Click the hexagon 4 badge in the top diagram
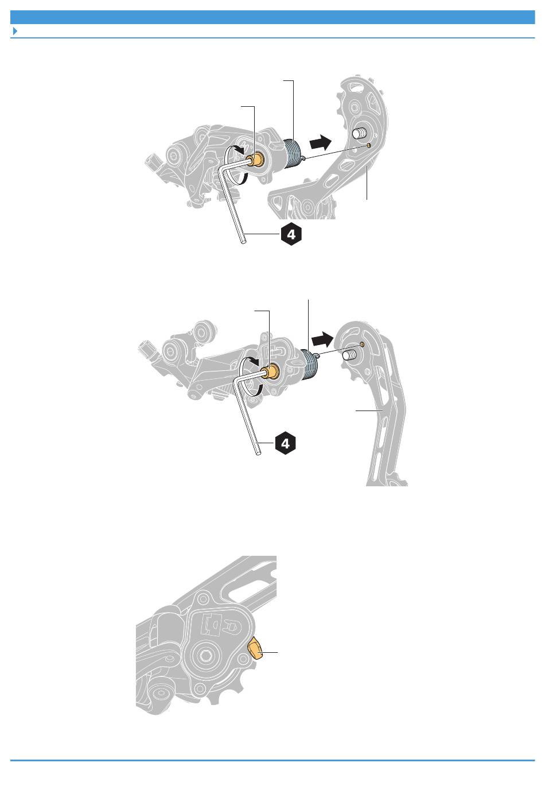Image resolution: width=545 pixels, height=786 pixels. [291, 234]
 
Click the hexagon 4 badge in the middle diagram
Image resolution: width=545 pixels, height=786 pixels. [285, 444]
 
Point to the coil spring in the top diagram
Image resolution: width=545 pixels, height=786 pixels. [292, 153]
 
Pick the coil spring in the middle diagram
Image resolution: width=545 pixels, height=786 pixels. [309, 365]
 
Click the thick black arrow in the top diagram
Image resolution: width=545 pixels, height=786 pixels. [320, 143]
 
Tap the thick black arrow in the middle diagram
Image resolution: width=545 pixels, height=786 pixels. [322, 339]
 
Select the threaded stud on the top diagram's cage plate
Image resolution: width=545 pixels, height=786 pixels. [359, 134]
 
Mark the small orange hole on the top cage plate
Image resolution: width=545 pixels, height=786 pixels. [368, 145]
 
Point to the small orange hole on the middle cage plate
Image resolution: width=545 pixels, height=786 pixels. [362, 344]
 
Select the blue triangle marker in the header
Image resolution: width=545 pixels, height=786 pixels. [15, 31]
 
